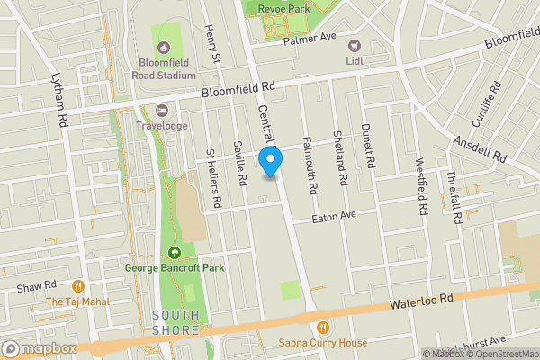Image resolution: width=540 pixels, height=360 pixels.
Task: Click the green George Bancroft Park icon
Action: click(175, 252)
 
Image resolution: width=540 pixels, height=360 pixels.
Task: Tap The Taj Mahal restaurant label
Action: click(78, 302)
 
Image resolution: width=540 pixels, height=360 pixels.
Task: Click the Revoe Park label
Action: click(283, 8)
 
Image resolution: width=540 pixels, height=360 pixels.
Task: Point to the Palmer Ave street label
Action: click(309, 40)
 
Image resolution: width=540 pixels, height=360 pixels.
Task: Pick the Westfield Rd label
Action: click(421, 187)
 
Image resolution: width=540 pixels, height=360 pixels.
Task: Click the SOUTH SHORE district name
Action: click(175, 322)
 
